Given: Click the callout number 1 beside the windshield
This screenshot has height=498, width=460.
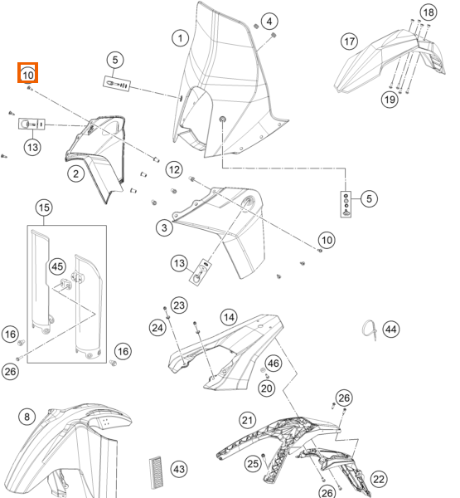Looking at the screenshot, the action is click(180, 38).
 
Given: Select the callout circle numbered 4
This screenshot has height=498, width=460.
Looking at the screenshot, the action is click(269, 22).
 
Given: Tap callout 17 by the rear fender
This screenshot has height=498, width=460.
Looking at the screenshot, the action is click(349, 41).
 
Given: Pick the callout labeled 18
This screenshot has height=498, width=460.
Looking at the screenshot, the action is click(429, 12).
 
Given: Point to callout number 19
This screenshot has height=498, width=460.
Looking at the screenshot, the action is click(390, 100).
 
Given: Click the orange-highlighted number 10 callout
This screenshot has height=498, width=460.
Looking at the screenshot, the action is click(28, 73).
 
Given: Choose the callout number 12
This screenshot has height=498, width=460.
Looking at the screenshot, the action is click(174, 169).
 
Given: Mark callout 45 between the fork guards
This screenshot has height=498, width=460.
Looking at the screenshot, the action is click(57, 266).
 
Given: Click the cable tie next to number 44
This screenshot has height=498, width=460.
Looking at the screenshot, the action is click(370, 330).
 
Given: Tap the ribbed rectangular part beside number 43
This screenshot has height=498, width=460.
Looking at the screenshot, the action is click(156, 472).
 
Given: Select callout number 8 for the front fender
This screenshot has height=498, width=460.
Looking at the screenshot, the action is click(27, 417).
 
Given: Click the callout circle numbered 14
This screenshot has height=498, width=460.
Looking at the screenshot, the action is click(229, 317).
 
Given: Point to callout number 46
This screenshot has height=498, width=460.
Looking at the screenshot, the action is click(274, 363).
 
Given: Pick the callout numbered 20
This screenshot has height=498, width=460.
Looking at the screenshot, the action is click(267, 388).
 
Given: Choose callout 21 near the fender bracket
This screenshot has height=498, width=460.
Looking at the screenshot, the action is click(248, 420).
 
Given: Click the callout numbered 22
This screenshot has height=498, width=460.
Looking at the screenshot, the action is click(379, 479).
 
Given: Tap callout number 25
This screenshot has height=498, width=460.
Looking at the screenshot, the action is click(253, 464).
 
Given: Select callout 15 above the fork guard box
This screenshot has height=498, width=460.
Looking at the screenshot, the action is click(44, 207).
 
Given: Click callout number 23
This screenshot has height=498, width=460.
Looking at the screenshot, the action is click(179, 305).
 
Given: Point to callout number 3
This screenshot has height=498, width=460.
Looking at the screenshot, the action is click(164, 227).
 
